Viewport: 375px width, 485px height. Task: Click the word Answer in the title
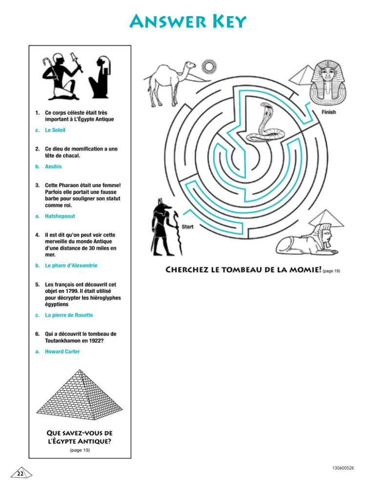tap(168, 21)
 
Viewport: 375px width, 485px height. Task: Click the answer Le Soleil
tap(55, 130)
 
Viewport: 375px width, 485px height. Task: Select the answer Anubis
tap(53, 166)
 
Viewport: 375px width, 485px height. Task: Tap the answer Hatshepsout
tap(60, 216)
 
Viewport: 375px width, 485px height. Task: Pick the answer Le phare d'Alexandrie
tap(71, 265)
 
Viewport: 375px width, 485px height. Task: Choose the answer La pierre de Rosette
tap(69, 315)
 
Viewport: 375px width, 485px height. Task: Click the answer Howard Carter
tap(62, 351)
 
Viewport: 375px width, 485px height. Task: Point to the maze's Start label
tap(187, 227)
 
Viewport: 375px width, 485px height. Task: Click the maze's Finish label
tap(329, 112)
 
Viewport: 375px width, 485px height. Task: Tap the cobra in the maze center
tap(264, 124)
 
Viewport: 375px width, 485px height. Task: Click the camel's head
tap(189, 65)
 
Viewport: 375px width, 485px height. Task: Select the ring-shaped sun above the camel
tap(209, 66)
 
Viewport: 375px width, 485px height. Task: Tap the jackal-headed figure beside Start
tap(164, 227)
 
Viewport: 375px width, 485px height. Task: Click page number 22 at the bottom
tap(21, 474)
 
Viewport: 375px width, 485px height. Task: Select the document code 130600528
tap(343, 468)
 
